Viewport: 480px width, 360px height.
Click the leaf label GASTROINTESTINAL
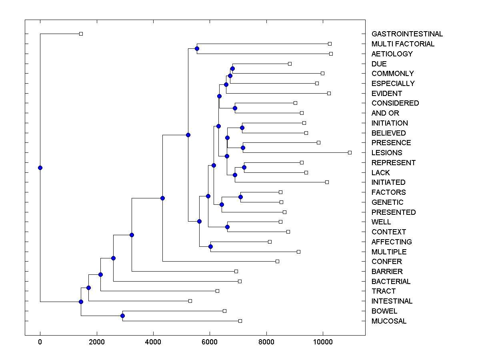click(x=407, y=34)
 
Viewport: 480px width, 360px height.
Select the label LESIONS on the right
click(x=386, y=153)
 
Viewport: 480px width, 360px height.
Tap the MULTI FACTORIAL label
click(x=402, y=44)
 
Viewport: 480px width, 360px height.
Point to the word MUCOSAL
click(x=389, y=321)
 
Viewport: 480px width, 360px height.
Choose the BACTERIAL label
click(x=391, y=282)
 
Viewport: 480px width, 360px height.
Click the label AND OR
click(x=385, y=113)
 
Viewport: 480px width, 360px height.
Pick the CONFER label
click(x=386, y=262)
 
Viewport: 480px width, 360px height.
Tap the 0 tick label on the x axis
click(x=40, y=342)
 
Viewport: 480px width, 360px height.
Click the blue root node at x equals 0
click(x=40, y=168)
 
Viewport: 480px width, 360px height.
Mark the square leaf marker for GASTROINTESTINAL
click(x=81, y=34)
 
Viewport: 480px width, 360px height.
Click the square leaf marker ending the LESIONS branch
click(x=350, y=152)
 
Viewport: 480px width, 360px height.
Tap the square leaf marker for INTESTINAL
click(x=190, y=301)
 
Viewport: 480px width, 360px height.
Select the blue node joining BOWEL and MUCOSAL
click(x=122, y=316)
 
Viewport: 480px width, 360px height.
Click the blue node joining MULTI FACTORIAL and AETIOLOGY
click(x=197, y=49)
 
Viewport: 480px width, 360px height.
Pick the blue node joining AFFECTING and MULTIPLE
click(x=210, y=246)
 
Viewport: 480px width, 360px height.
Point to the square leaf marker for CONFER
click(x=277, y=261)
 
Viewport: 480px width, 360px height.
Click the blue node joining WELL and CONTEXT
click(x=227, y=227)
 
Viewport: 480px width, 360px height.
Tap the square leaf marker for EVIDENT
click(x=329, y=93)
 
